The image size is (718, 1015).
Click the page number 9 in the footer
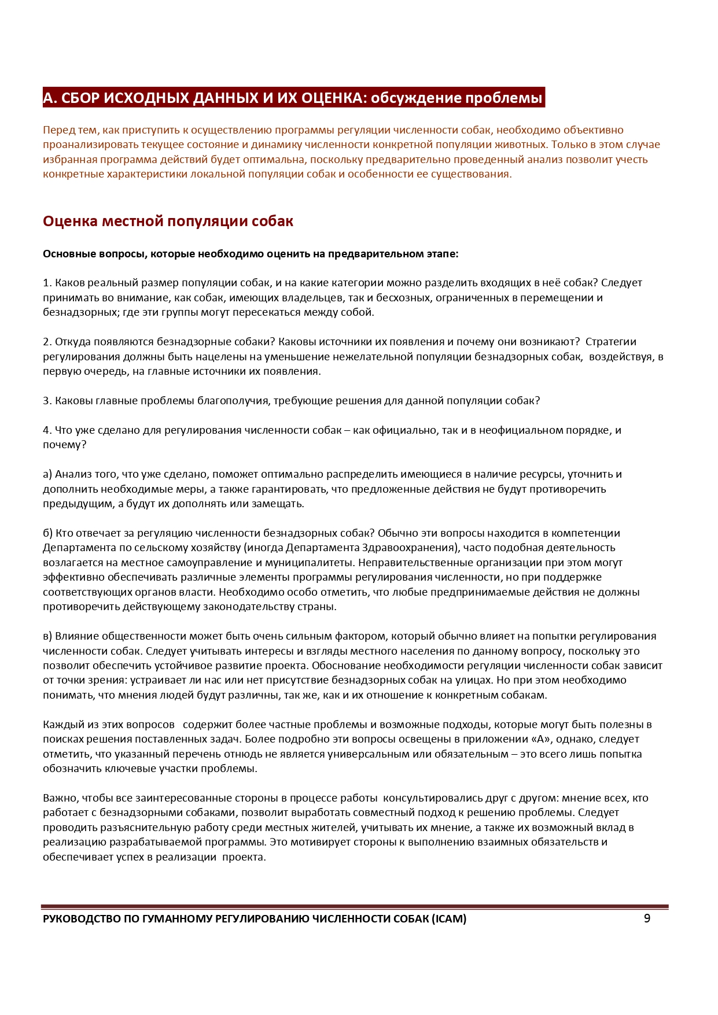coord(647,918)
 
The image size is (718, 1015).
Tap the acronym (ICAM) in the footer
coord(449,919)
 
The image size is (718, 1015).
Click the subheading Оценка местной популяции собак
coord(168,221)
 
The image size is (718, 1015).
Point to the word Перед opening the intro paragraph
coord(58,130)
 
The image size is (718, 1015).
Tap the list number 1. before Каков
coord(47,283)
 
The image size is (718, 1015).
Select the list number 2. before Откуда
coord(47,342)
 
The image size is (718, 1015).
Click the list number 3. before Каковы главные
coord(47,401)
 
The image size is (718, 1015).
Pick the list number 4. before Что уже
coord(47,430)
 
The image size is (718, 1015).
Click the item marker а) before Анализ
coord(47,474)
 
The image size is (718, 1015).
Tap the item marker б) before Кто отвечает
coord(47,533)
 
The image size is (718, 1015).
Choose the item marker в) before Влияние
coord(47,636)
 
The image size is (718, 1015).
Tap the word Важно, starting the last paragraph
coord(60,798)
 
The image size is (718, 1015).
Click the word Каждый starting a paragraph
coord(61,725)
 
